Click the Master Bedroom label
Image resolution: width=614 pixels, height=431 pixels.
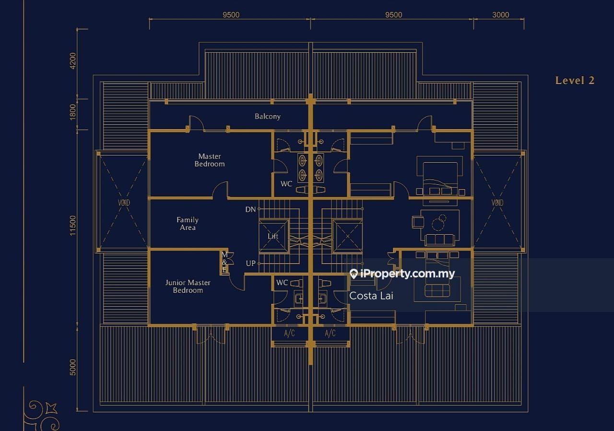[x=210, y=160]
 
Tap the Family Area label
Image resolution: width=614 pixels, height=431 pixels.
[x=188, y=224]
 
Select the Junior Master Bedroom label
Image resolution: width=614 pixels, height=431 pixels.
[x=188, y=286]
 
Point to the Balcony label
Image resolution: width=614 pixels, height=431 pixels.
[x=268, y=116]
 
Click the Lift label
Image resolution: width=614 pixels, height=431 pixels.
[x=273, y=236]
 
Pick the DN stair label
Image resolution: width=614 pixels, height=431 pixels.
[x=250, y=209]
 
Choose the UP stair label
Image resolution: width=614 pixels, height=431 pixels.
[x=251, y=263]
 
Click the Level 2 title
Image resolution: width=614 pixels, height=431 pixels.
[x=575, y=80]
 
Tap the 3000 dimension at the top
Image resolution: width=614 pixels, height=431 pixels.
[x=500, y=15]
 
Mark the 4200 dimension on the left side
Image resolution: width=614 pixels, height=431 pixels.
[x=72, y=60]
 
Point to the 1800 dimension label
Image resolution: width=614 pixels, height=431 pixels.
[x=72, y=112]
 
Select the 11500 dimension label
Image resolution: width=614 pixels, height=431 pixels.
[x=72, y=226]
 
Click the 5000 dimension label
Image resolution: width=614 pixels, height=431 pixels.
[x=72, y=367]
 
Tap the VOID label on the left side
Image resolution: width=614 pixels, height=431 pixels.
[x=124, y=203]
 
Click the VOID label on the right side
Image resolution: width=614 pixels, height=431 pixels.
[x=497, y=203]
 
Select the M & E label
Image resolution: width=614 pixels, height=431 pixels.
[x=224, y=263]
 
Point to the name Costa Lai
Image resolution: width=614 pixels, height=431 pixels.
[x=371, y=296]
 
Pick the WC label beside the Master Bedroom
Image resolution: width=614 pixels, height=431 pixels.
[x=286, y=184]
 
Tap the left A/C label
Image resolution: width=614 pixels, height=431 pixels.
[x=289, y=334]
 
